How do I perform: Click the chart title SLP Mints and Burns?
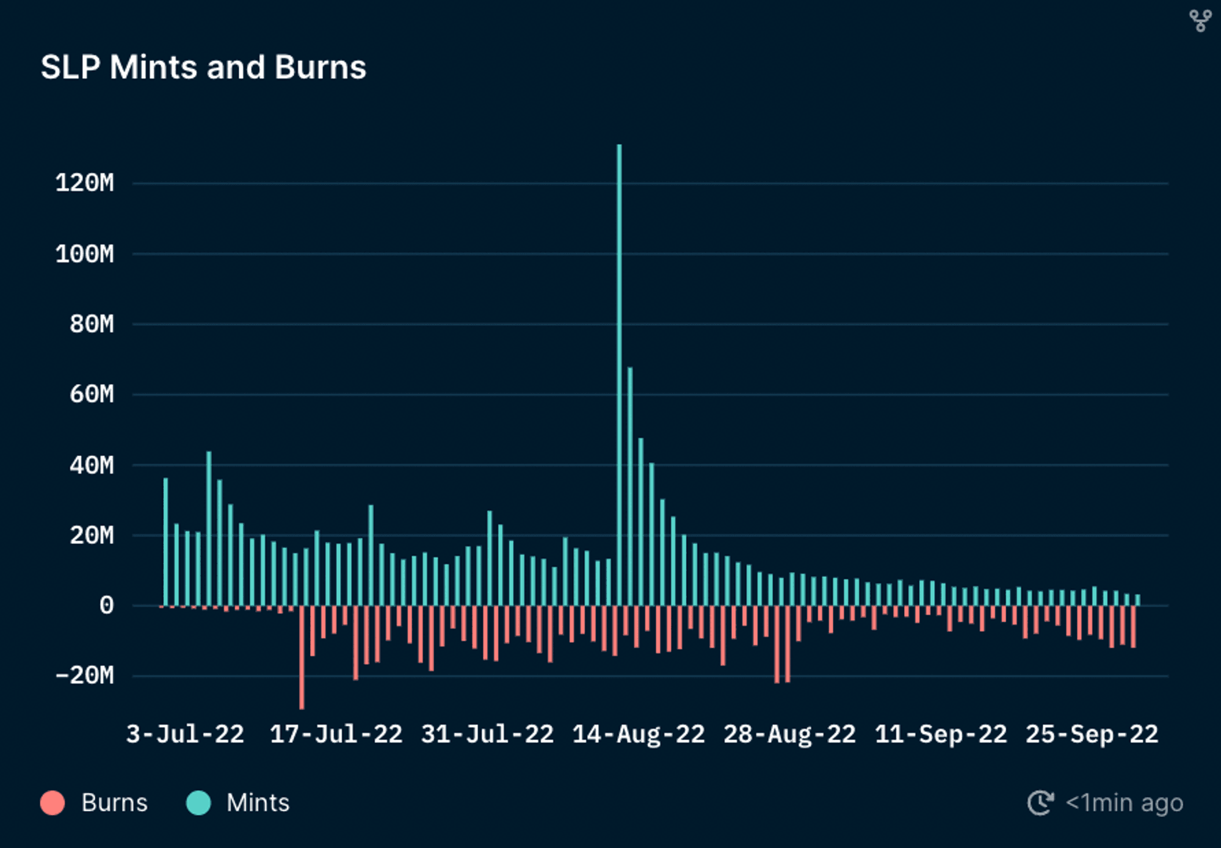coord(203,67)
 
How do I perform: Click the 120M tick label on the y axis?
coord(85,183)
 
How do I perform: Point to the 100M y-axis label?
coord(85,253)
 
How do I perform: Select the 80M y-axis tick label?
coord(92,324)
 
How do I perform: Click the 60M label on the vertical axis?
coord(92,394)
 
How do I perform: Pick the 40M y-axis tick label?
coord(92,465)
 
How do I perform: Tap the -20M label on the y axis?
coord(85,676)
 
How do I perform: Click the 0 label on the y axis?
coord(106,606)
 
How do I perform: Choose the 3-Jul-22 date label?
coord(185,734)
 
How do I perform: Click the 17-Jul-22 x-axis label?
coord(336,734)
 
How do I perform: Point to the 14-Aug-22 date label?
coord(639,734)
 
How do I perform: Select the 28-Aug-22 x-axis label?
coord(790,734)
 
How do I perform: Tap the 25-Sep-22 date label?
coord(1092,734)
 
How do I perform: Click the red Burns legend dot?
coord(53,803)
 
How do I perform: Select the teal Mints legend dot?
coord(198,803)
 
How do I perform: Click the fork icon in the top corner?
coord(1200,21)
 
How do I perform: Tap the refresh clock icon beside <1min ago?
coord(1040,803)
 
